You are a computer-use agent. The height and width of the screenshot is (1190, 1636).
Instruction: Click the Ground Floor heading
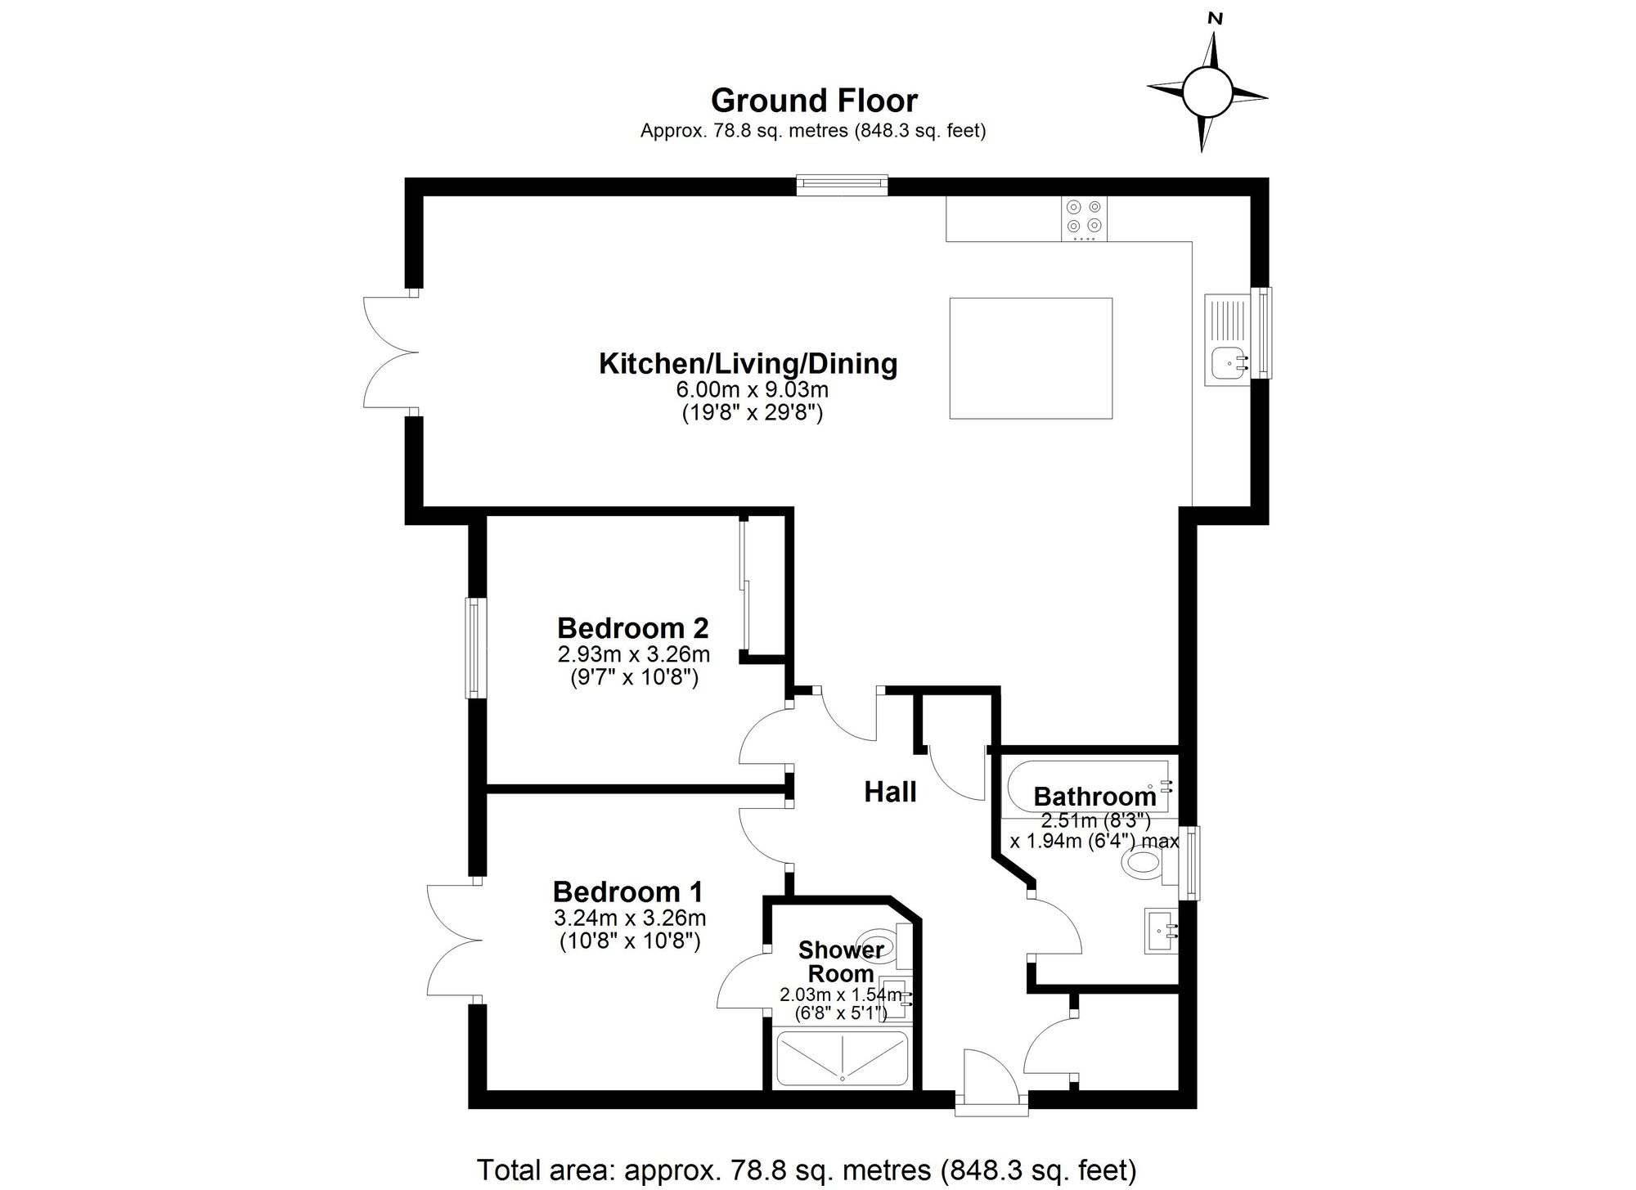[x=814, y=101]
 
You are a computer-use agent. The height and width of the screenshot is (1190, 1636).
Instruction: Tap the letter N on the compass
[x=1216, y=19]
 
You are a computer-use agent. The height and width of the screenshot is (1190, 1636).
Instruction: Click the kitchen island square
[x=1031, y=358]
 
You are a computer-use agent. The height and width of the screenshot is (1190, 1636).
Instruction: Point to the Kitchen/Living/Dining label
[x=748, y=363]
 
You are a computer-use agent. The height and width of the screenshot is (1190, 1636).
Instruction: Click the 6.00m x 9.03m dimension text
[x=752, y=390]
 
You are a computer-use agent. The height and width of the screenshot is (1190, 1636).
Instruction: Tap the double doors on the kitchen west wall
[x=391, y=353]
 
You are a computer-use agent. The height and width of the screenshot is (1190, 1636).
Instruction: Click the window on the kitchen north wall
[x=843, y=185]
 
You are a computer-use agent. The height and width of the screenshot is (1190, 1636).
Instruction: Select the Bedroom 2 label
[x=632, y=628]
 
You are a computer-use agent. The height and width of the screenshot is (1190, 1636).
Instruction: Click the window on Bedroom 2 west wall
[x=474, y=648]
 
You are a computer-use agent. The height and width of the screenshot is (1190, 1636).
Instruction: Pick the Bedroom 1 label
[x=627, y=891]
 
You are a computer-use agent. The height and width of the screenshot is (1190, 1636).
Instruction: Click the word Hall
[x=890, y=792]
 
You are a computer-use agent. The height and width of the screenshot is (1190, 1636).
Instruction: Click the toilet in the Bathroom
[x=1145, y=864]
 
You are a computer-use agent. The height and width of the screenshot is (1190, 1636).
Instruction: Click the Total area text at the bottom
[x=806, y=1170]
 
